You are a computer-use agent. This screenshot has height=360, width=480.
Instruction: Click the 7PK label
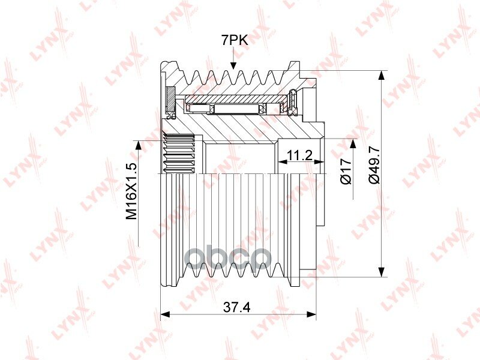click(x=235, y=40)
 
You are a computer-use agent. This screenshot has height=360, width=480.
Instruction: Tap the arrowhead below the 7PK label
click(x=233, y=65)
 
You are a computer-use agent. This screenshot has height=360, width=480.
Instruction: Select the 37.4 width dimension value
click(x=236, y=307)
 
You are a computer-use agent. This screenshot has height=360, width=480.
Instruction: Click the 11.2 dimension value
click(x=299, y=156)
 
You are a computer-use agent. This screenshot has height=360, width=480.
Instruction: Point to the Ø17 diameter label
click(x=346, y=172)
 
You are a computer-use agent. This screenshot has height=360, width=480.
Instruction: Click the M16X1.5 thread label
click(x=131, y=191)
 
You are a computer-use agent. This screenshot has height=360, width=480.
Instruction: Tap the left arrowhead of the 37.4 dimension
click(x=165, y=314)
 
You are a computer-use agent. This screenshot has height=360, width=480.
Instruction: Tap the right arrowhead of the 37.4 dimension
click(x=311, y=314)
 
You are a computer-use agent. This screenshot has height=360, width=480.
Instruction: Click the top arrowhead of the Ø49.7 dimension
click(x=381, y=76)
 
